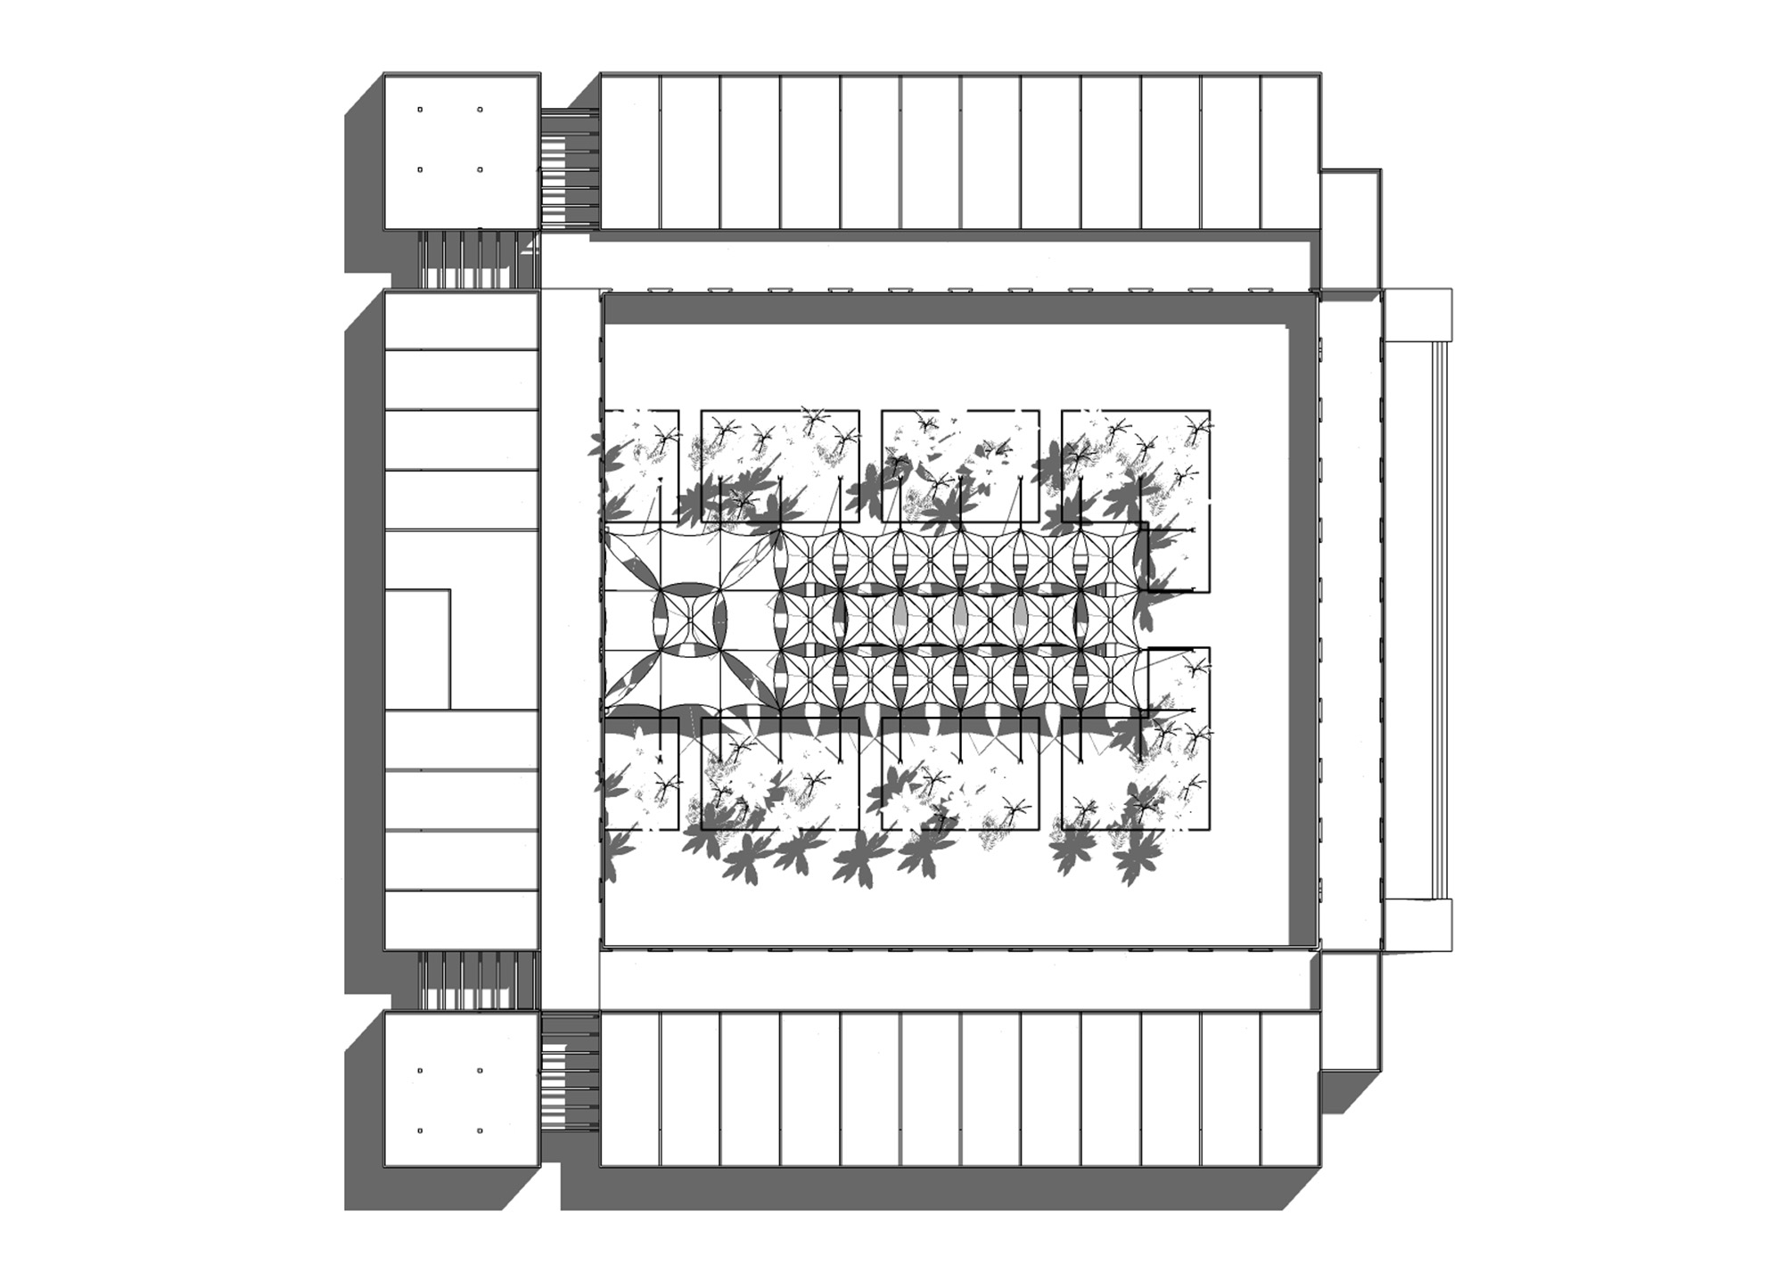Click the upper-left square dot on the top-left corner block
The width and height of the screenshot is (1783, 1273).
tap(420, 110)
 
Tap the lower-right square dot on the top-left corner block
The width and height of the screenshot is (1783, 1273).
tap(480, 169)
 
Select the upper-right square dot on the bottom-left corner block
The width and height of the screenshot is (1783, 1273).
tap(480, 1070)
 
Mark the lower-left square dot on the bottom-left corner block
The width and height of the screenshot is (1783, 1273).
tap(420, 1130)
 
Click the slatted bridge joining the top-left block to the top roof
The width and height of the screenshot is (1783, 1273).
tap(569, 168)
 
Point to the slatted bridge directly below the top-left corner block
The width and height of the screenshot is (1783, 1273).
tap(479, 259)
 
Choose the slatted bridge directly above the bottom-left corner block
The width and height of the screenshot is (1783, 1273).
tap(479, 980)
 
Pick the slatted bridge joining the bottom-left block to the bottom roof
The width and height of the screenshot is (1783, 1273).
tap(569, 1071)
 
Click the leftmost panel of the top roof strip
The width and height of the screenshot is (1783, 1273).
tap(630, 152)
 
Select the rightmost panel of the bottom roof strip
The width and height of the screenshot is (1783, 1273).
tap(1290, 1088)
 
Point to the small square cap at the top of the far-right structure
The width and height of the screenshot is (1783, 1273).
tap(1417, 314)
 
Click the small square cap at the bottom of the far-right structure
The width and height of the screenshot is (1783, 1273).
tap(1417, 924)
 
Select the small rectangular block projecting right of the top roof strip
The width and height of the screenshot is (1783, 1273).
tap(1350, 229)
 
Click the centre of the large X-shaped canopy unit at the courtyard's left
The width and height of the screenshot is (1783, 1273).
tap(690, 619)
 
